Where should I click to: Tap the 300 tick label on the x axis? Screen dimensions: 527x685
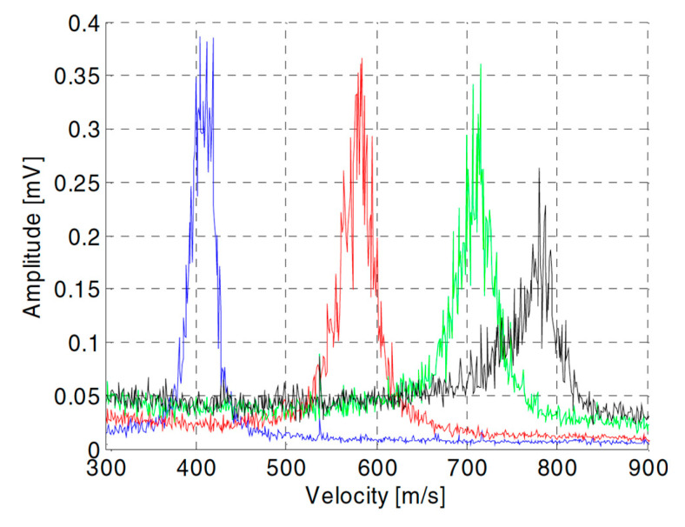106,469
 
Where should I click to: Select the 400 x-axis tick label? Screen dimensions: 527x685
196,469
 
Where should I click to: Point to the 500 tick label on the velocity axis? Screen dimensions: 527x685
286,469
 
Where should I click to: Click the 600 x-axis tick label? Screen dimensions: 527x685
376,469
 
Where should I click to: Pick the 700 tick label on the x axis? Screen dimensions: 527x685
467,469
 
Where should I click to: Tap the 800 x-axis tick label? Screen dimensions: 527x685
557,469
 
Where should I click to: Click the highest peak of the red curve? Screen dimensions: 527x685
362,59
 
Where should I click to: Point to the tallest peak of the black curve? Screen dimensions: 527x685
540,170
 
